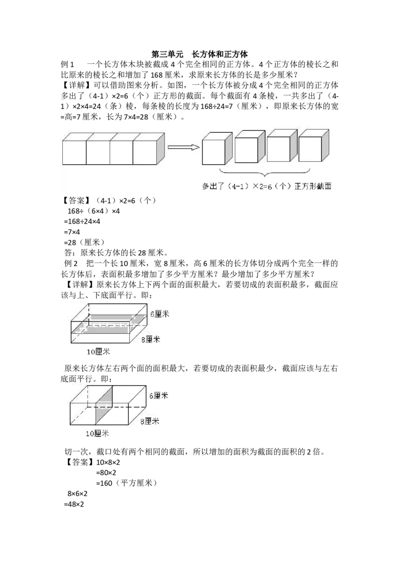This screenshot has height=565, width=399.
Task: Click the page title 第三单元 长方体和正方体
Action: click(x=199, y=54)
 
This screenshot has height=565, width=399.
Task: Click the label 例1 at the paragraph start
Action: click(x=67, y=64)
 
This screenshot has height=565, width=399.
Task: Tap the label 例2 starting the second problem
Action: click(x=71, y=264)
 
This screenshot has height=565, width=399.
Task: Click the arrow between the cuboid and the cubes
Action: click(x=184, y=147)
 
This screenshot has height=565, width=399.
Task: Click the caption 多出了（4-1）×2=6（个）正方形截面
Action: click(x=267, y=186)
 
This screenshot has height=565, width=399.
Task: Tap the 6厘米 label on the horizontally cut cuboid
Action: click(x=160, y=314)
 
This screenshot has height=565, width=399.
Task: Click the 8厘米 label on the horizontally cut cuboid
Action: click(x=151, y=339)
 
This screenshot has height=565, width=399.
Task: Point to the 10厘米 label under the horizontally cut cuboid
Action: click(x=98, y=352)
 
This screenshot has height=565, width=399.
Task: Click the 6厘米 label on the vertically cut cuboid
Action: click(x=159, y=396)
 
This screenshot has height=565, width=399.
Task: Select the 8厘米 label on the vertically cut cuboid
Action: click(x=150, y=421)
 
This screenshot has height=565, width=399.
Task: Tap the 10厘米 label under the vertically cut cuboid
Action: click(x=97, y=433)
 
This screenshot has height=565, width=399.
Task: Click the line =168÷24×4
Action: click(x=82, y=222)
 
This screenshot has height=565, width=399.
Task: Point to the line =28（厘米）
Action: click(x=84, y=243)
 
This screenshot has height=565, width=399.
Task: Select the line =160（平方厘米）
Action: click(x=126, y=483)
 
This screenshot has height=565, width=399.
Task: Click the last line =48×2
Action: click(x=74, y=505)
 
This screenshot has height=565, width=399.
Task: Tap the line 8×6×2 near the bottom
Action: click(x=77, y=494)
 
